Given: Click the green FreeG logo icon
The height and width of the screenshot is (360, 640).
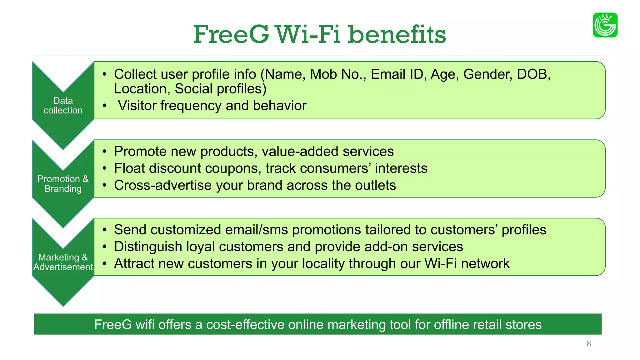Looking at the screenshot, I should point(605,25).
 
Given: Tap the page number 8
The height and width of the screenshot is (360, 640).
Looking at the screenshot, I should point(589,344).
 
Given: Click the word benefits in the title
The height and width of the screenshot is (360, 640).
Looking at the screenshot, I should point(397,34).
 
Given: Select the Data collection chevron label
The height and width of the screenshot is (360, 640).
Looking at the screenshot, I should point(63,105).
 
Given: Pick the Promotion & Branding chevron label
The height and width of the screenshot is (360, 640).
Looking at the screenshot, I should point(63,184).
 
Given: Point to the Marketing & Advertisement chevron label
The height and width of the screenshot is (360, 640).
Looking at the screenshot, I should point(63,262).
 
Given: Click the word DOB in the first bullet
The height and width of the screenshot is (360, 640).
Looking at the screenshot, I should point(533,74).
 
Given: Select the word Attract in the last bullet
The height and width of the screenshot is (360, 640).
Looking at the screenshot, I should point(134,264).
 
